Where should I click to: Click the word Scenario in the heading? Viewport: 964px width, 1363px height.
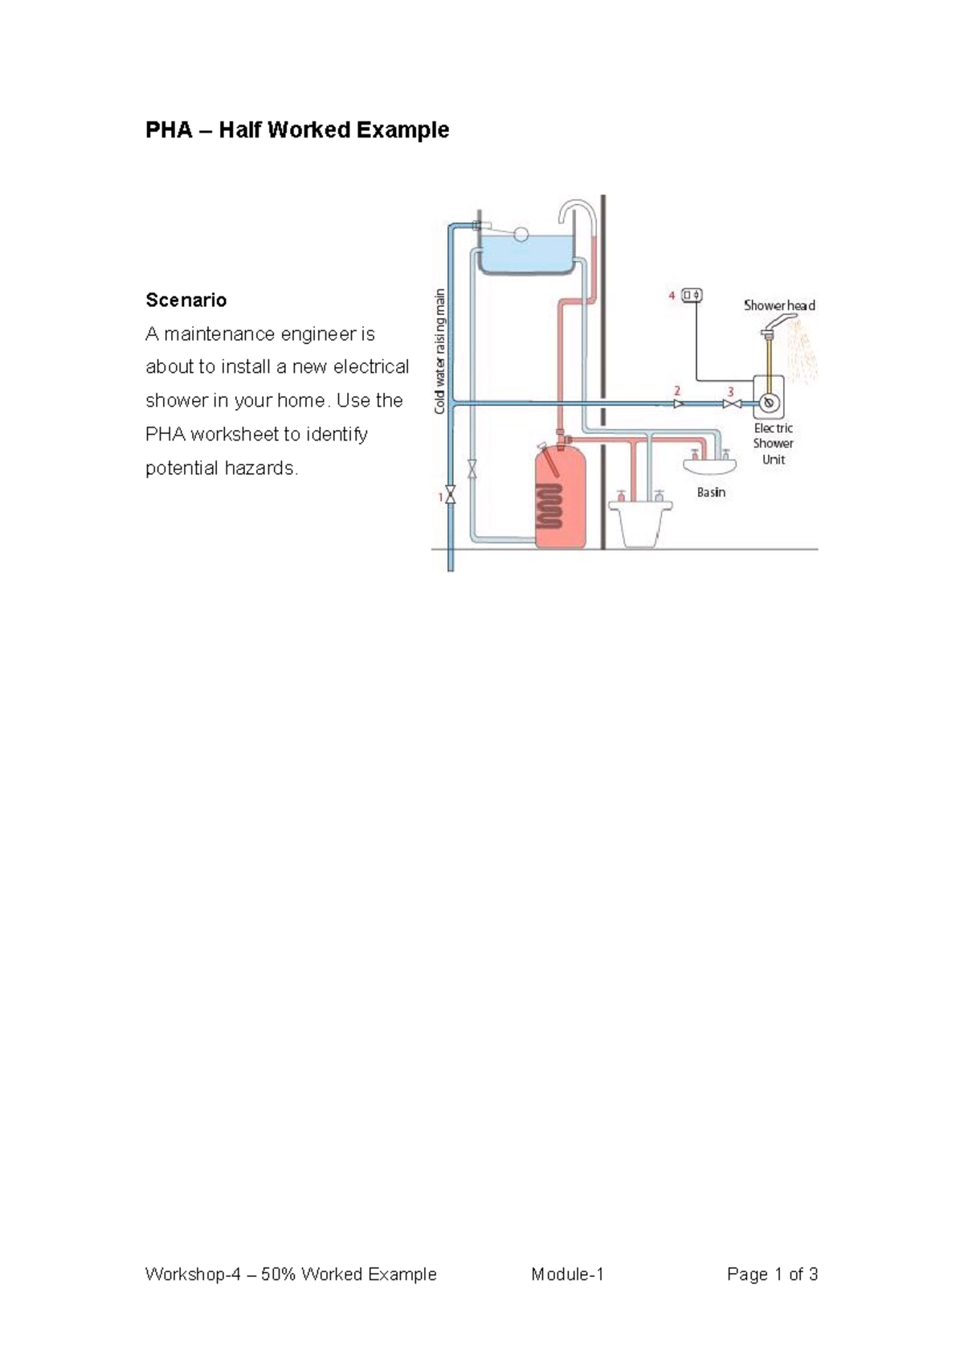pos(186,300)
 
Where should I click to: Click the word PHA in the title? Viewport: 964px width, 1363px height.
pos(169,129)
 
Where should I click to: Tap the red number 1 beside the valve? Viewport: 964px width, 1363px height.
pos(440,497)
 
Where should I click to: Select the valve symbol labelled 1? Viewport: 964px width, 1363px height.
pos(451,493)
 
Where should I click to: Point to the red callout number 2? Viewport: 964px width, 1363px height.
pos(677,391)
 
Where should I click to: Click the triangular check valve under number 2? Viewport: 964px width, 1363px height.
pos(679,403)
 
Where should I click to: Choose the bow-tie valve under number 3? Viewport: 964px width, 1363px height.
pos(732,403)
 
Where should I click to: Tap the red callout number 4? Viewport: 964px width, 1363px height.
pos(672,296)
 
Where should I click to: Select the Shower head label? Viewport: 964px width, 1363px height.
pos(779,305)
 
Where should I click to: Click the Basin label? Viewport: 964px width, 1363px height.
pos(711,493)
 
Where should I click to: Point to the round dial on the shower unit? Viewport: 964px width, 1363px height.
pos(770,403)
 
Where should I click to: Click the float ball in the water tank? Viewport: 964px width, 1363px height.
pos(521,232)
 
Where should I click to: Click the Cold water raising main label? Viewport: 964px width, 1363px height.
pos(439,351)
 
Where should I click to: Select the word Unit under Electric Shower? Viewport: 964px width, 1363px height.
pos(774,460)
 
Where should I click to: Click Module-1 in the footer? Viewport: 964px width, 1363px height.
pos(567,1274)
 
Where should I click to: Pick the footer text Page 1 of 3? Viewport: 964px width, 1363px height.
pos(773,1274)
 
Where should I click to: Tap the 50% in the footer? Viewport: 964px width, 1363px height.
pos(279,1274)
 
